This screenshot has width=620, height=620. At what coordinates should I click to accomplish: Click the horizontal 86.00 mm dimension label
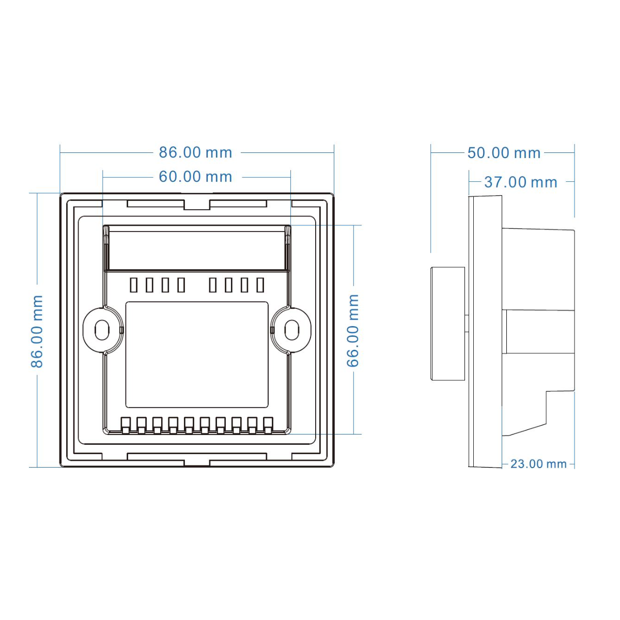pos(195,152)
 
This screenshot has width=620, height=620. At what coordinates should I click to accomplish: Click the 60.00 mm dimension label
pos(195,177)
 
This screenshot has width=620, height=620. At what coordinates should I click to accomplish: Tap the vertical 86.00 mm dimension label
pos(37,331)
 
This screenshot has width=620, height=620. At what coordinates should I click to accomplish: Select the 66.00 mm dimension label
pos(353,331)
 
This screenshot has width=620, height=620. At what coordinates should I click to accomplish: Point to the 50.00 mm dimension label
pos(504,153)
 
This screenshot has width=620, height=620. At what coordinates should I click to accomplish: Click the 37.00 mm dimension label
pos(521,182)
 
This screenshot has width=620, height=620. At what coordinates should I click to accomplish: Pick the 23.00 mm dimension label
pos(538,464)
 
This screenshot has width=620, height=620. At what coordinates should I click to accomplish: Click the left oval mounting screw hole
pos(102,330)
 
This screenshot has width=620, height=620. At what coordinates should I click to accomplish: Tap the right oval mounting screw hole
pos(292,330)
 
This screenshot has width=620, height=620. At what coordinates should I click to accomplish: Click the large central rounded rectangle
pos(196,355)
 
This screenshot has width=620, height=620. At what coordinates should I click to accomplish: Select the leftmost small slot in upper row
pos(133,285)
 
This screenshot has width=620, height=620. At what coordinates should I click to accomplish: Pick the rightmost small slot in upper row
pos(260,285)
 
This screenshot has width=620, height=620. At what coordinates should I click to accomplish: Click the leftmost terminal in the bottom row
pos(125,426)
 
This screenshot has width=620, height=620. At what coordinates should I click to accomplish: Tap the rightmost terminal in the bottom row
pos(268,426)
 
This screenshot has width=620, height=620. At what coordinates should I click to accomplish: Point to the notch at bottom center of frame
pos(197,463)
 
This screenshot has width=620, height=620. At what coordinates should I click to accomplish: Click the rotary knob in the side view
pos(447,323)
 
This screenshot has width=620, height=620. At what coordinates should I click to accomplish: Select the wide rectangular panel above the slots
pos(197,247)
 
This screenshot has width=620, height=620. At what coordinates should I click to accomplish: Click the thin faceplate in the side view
pos(485,331)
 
